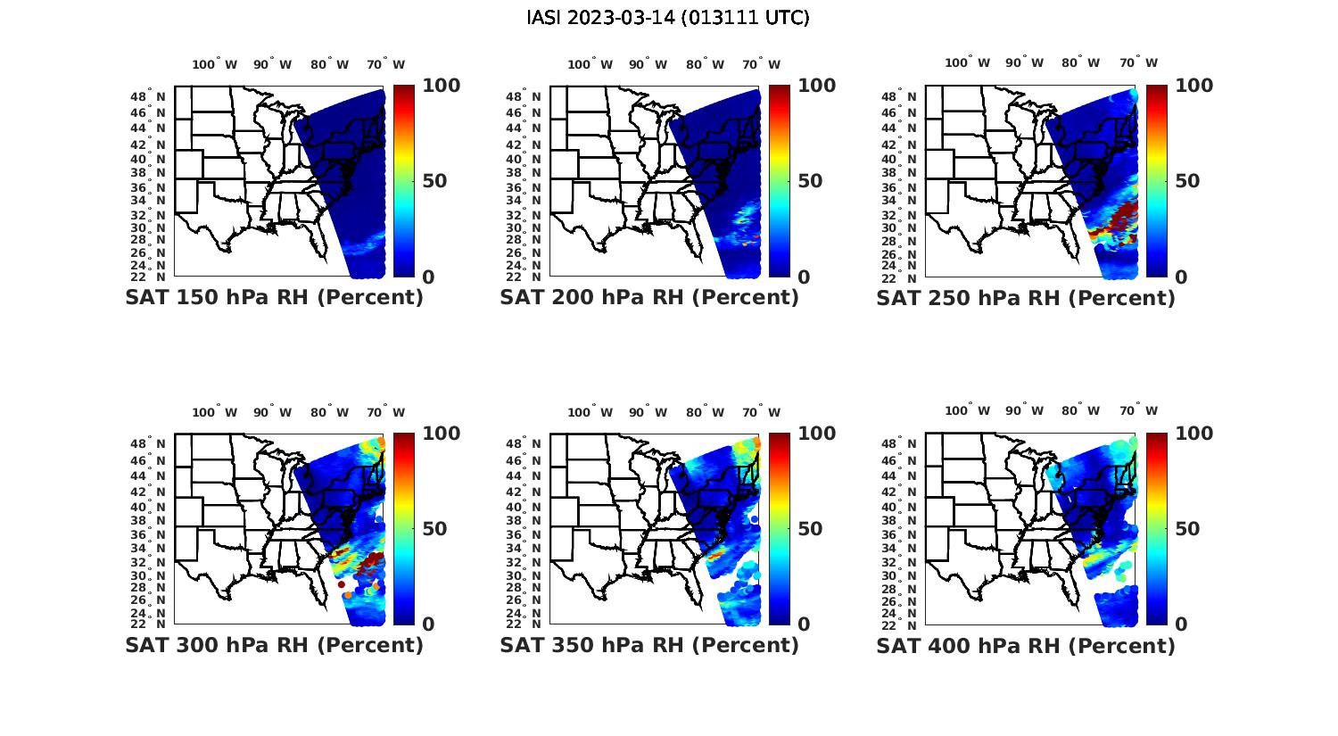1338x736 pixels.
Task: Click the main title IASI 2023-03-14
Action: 668,17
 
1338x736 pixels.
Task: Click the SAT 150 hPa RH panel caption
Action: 274,298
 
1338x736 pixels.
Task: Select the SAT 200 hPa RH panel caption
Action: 649,298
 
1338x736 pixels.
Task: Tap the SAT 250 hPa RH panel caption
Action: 1026,298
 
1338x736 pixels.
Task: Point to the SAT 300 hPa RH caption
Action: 274,645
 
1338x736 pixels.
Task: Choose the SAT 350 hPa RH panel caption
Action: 649,645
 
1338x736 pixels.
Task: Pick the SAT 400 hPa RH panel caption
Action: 1026,645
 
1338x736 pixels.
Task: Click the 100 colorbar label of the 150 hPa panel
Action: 441,86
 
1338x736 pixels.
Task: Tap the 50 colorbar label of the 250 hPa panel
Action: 1186,181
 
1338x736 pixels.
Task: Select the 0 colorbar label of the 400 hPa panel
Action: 1181,624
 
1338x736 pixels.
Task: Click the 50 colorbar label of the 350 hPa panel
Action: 810,529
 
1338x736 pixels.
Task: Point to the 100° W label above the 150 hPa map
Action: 214,64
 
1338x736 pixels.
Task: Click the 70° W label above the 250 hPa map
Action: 1139,62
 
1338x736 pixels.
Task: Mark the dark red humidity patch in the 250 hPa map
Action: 1122,214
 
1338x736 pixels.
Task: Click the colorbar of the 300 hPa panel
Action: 404,528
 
